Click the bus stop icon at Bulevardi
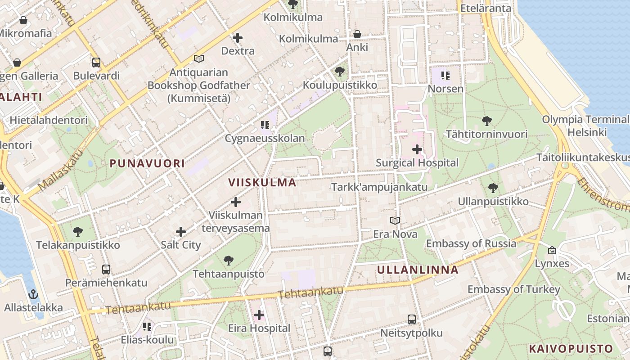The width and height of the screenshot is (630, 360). pyautogui.click(x=96, y=63)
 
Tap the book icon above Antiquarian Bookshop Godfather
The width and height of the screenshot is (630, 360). pyautogui.click(x=198, y=59)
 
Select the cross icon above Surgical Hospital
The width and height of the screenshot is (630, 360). pyautogui.click(x=417, y=149)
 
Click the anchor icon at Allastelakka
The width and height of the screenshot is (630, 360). pyautogui.click(x=33, y=295)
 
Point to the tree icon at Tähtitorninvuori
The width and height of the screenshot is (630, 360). pyautogui.click(x=486, y=121)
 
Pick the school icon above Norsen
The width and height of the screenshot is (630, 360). pyautogui.click(x=445, y=75)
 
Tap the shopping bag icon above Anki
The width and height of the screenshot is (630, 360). pyautogui.click(x=357, y=34)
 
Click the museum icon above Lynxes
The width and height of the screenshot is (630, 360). pyautogui.click(x=552, y=250)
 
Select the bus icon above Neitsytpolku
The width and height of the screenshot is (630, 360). pyautogui.click(x=411, y=319)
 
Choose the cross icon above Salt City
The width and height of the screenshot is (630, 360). pyautogui.click(x=181, y=232)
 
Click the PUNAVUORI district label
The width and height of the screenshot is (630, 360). pyautogui.click(x=147, y=163)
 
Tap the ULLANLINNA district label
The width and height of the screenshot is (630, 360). pyautogui.click(x=418, y=270)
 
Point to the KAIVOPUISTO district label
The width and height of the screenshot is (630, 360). pyautogui.click(x=571, y=349)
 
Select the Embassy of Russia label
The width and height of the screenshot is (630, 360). pyautogui.click(x=471, y=243)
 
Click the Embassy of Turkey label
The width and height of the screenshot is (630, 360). pyautogui.click(x=513, y=289)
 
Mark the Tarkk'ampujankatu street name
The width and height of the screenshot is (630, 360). pyautogui.click(x=379, y=187)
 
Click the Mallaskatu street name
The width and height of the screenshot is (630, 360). pyautogui.click(x=61, y=170)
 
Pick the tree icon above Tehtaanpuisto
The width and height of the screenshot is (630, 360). pyautogui.click(x=229, y=260)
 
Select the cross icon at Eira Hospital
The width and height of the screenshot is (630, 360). pyautogui.click(x=259, y=315)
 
